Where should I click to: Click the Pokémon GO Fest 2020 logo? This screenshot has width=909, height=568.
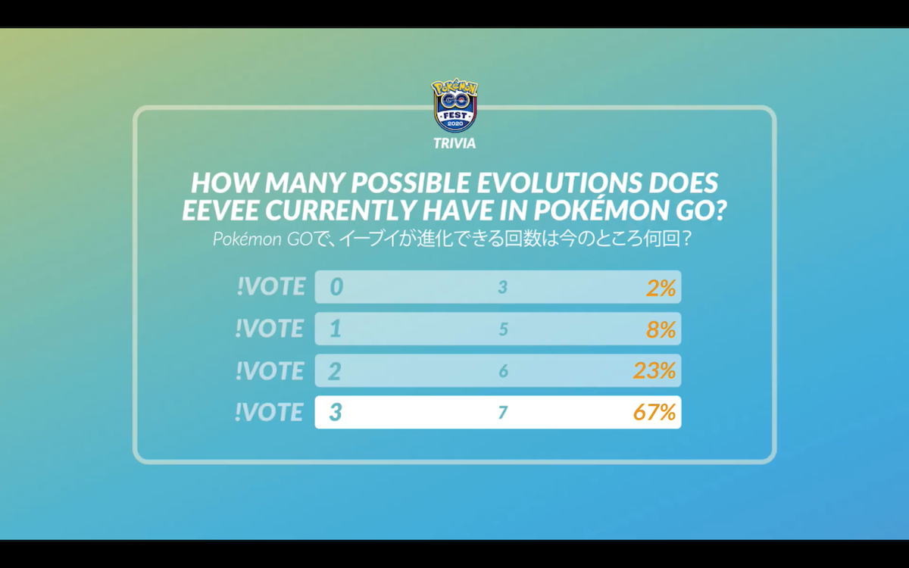454,105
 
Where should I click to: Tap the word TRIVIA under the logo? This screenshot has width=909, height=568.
454,143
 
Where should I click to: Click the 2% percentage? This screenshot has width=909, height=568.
661,288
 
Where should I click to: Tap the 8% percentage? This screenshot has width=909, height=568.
661,329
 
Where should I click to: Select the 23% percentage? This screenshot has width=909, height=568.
654,371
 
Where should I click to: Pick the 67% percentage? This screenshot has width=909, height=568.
654,412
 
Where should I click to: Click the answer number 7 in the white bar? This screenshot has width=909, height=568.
503,413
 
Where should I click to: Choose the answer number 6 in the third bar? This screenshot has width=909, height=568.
503,371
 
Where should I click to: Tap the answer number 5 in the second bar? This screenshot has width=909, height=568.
503,329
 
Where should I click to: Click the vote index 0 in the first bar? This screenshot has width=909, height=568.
336,287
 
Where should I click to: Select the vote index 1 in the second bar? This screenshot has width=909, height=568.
335,329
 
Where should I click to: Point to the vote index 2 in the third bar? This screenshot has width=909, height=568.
335,371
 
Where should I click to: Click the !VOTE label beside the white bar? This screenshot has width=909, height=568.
269,412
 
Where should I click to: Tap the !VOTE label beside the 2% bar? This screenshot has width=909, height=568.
271,286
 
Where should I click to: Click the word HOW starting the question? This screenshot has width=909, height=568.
223,183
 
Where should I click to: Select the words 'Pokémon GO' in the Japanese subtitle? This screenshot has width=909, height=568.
263,239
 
